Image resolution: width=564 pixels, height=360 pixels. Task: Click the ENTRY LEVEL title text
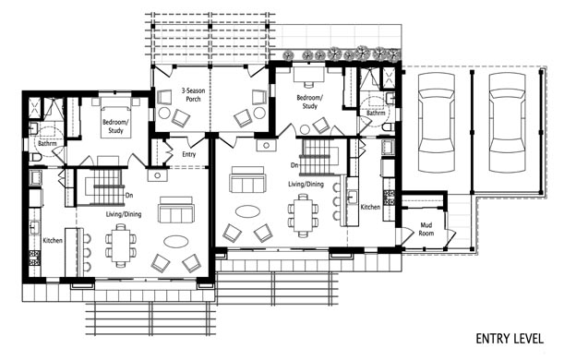click(510, 339)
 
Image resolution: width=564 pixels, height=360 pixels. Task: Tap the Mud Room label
click(426, 229)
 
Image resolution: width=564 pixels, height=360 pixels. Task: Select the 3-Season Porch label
click(193, 95)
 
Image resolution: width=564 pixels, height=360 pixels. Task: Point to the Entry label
click(189, 154)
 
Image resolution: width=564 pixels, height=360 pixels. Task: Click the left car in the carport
click(437, 122)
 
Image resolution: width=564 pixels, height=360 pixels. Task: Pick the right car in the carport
click(507, 122)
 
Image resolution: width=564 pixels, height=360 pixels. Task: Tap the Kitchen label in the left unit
click(53, 240)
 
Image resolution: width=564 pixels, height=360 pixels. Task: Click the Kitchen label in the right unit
click(370, 207)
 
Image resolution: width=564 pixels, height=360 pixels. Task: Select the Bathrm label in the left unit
click(47, 143)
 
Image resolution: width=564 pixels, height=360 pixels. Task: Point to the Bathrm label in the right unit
click(376, 113)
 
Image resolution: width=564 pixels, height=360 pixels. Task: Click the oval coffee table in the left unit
click(176, 241)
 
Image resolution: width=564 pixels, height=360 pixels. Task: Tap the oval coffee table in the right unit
click(247, 210)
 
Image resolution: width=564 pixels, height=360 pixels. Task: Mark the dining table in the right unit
click(303, 215)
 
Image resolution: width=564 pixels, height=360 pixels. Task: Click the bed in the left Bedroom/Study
click(115, 116)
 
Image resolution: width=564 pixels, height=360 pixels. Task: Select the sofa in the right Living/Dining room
click(247, 180)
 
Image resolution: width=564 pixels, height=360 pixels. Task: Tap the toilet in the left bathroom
click(37, 157)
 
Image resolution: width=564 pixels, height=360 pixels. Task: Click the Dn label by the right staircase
click(294, 165)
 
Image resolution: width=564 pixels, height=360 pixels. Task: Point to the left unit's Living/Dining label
click(124, 214)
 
